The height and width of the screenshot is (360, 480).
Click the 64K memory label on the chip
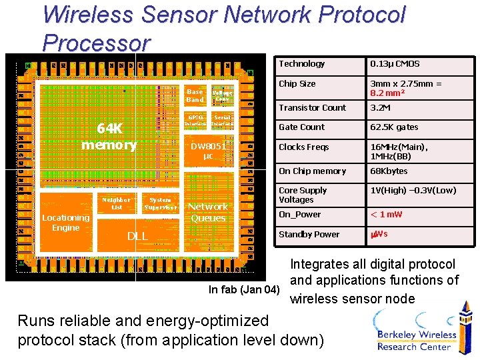pyautogui.click(x=109, y=137)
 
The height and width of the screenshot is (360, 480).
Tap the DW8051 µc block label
pyautogui.click(x=209, y=151)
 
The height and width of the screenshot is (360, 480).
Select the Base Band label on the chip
pyautogui.click(x=195, y=96)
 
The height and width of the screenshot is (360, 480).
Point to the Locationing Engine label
pyautogui.click(x=65, y=223)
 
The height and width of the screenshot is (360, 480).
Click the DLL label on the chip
pyautogui.click(x=137, y=236)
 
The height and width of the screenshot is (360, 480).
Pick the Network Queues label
pyautogui.click(x=209, y=212)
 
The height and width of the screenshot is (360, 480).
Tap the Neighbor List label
pyautogui.click(x=117, y=203)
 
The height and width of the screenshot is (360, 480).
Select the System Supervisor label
pyautogui.click(x=161, y=203)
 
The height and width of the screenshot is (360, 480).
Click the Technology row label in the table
pyautogui.click(x=302, y=64)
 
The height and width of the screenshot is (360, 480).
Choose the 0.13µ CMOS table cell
pyautogui.click(x=395, y=64)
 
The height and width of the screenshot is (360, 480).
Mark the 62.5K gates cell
pyautogui.click(x=394, y=127)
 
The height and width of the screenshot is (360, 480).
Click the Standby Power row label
pyautogui.click(x=309, y=235)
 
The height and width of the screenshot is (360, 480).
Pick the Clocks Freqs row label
pyautogui.click(x=304, y=147)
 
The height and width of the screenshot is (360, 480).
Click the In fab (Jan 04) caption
pyautogui.click(x=243, y=289)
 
